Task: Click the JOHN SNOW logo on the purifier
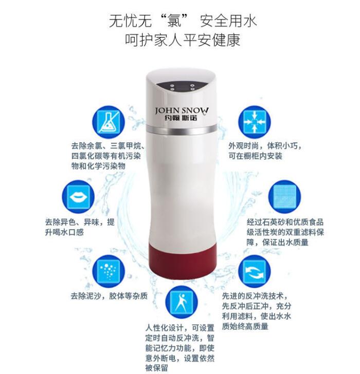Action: pyautogui.click(x=182, y=110)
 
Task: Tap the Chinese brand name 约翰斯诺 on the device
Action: pyautogui.click(x=181, y=118)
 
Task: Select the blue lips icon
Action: pyautogui.click(x=78, y=197)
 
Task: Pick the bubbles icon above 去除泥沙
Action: pyautogui.click(x=109, y=271)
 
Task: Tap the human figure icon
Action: pyautogui.click(x=182, y=302)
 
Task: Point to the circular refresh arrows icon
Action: pyautogui.click(x=255, y=271)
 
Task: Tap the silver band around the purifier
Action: pyautogui.click(x=182, y=129)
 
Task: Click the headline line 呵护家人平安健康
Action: pyautogui.click(x=183, y=40)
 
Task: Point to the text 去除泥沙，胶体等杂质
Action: pyautogui.click(x=110, y=296)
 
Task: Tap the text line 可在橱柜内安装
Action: pyautogui.click(x=256, y=156)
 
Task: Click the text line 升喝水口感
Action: pyautogui.click(x=64, y=232)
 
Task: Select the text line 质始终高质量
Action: pyautogui.click(x=245, y=326)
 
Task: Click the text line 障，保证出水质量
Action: pyautogui.click(x=278, y=242)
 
